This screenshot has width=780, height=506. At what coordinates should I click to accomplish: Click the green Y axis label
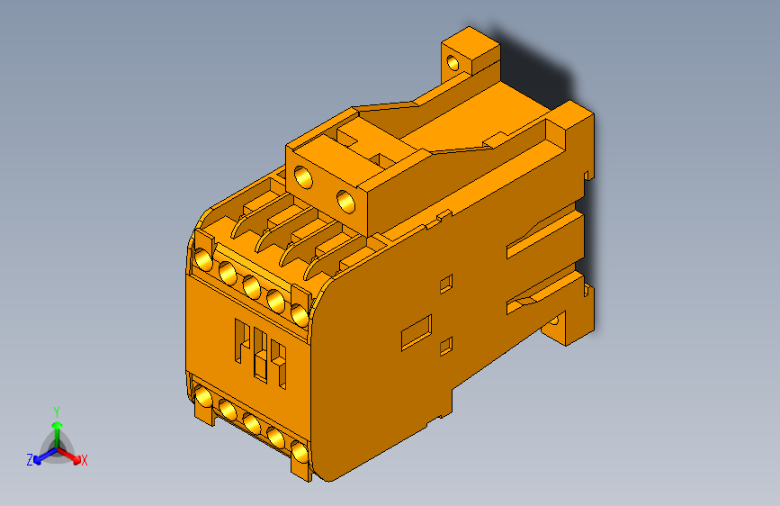[x=57, y=409]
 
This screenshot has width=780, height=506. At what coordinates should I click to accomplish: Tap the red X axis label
[x=85, y=460]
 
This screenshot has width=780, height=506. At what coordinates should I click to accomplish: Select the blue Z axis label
[x=30, y=459]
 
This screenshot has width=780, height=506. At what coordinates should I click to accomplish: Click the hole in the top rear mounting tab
[x=453, y=63]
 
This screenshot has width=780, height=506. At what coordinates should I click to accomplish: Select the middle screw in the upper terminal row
[x=252, y=286]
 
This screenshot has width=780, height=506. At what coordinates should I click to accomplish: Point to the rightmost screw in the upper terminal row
[x=300, y=313]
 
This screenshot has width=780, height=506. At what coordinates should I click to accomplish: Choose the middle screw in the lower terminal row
[x=252, y=424]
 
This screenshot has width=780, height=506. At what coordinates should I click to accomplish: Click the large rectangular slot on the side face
[x=416, y=331]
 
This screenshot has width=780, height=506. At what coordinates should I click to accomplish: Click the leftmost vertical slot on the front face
[x=241, y=341]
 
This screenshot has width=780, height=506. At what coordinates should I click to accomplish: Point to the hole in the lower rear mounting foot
[x=555, y=321]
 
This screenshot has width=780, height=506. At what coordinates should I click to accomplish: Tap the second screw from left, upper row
[x=228, y=273]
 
